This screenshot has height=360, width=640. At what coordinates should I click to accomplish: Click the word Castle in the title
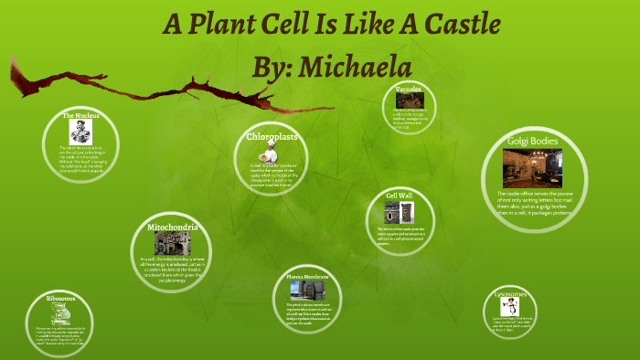click(428, 24)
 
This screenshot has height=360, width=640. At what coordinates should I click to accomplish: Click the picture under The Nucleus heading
click(80, 132)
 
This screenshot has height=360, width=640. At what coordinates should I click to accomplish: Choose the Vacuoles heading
click(408, 90)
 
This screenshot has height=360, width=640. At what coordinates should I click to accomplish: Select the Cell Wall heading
click(400, 196)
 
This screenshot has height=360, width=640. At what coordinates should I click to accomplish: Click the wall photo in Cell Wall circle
click(394, 215)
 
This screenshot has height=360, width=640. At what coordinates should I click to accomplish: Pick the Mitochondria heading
click(173, 226)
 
